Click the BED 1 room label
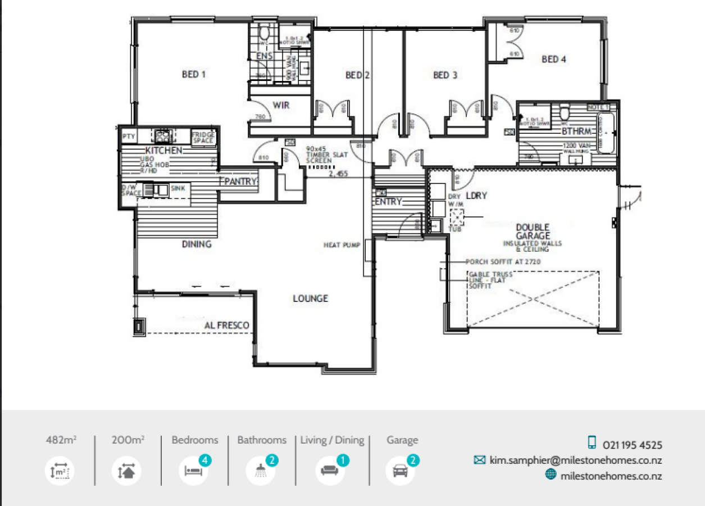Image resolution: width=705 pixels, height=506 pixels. click(194, 74)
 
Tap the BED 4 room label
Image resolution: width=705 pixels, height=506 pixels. click(553, 59)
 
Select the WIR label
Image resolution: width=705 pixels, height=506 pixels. click(281, 105)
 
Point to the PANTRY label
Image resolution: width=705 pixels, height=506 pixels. click(240, 182)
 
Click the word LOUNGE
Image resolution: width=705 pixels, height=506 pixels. click(310, 299)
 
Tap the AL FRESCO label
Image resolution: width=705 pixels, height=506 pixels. click(226, 326)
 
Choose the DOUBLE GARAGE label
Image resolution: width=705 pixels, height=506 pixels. click(532, 232)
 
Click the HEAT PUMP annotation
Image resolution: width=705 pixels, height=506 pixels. click(342, 245)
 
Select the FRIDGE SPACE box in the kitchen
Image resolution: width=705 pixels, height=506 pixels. click(203, 138)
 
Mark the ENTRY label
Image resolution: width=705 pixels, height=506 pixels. click(388, 201)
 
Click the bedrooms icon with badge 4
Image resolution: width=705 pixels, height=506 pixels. click(193, 470)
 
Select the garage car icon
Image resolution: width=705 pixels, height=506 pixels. click(401, 471)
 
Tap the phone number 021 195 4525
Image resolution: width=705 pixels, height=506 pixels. click(632, 445)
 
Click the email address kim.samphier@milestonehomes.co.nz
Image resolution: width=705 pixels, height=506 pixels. click(575, 460)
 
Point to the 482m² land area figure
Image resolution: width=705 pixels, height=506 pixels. click(61, 440)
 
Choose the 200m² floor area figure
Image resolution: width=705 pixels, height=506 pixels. click(128, 440)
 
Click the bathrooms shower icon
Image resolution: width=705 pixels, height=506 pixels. click(261, 471)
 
